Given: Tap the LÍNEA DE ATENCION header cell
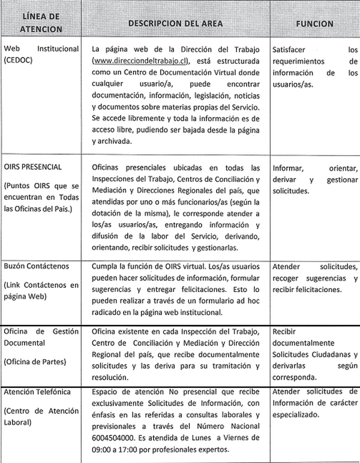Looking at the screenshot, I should pos(40,23).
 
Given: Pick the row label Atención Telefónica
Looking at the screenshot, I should pos(37,392).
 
